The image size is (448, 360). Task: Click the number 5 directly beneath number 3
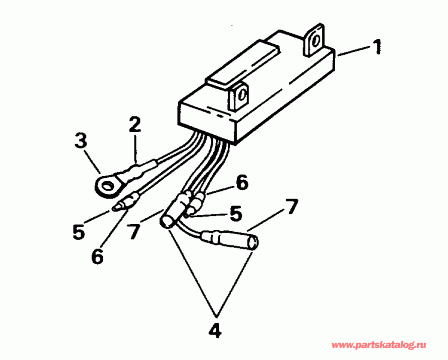coord(79,232)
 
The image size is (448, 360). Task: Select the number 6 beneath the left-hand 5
coord(98,256)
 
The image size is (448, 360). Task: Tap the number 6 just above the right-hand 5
coord(241,183)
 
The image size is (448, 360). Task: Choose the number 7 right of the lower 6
coord(133,232)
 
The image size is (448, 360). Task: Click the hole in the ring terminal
coord(107,187)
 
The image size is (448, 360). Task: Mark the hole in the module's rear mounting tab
coord(314,42)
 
